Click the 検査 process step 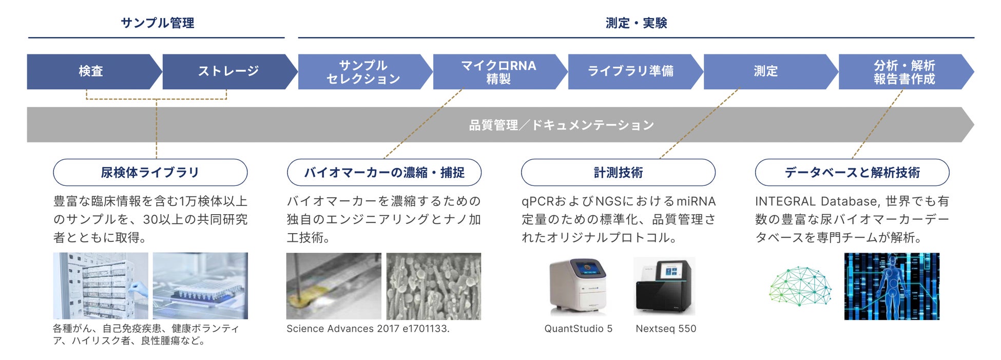91,71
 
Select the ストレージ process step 228,71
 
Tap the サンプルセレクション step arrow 363,72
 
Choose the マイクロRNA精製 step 498,72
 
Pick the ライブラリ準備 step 630,71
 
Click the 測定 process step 765,71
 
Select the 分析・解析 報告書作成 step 904,72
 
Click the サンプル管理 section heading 157,23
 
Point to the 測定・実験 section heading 636,23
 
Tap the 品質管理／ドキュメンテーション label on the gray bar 561,125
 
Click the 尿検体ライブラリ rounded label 150,173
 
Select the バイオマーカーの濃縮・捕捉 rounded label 384,173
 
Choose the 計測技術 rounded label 618,173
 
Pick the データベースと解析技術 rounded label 852,173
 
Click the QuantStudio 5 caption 578,329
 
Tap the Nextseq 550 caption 666,329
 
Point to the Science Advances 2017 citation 368,329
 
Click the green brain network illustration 800,286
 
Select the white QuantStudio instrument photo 578,286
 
